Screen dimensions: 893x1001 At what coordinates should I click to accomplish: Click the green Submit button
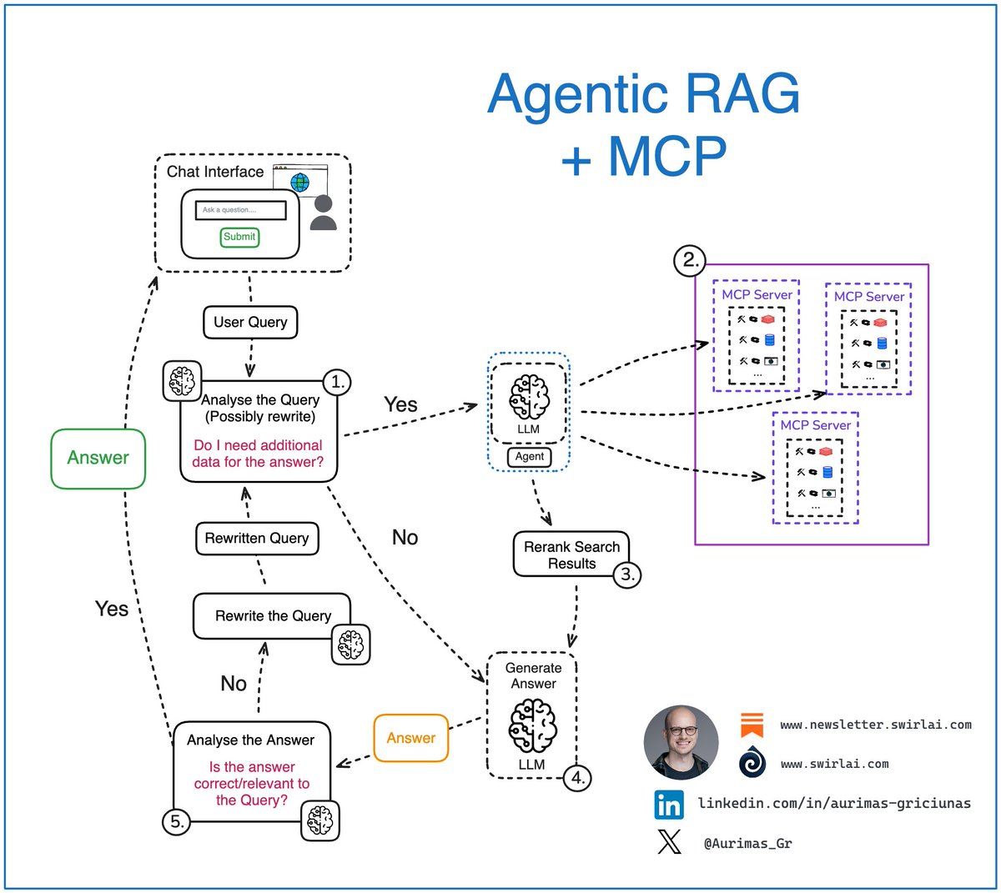[239, 237]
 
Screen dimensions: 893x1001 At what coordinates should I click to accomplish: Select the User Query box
[250, 322]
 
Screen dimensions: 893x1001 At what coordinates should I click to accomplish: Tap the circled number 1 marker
[337, 382]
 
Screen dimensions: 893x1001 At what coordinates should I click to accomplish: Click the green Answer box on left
[98, 458]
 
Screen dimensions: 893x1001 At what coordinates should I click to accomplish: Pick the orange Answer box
[411, 738]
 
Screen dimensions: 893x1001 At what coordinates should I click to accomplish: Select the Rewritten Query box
[257, 539]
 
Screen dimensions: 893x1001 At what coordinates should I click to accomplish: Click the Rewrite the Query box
[272, 616]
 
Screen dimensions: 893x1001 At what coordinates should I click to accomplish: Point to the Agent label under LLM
[530, 456]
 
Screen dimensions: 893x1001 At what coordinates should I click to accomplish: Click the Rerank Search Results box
[571, 555]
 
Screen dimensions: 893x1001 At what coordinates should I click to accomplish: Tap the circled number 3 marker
[628, 574]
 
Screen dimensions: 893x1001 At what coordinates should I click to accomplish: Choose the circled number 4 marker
[577, 778]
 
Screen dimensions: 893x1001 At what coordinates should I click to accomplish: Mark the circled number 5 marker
[177, 821]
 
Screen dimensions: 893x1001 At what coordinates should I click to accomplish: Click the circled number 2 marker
[690, 259]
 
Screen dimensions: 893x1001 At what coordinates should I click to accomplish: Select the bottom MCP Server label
[815, 425]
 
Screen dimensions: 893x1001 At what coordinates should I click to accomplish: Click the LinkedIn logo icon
[669, 805]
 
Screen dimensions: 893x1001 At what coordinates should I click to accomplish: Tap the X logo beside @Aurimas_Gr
[669, 842]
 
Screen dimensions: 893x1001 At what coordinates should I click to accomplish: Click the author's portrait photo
[682, 742]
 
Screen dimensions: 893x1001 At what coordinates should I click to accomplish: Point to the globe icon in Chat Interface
[300, 182]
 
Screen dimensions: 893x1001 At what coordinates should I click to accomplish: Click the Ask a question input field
[240, 210]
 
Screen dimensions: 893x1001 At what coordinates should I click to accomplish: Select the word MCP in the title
[667, 156]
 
